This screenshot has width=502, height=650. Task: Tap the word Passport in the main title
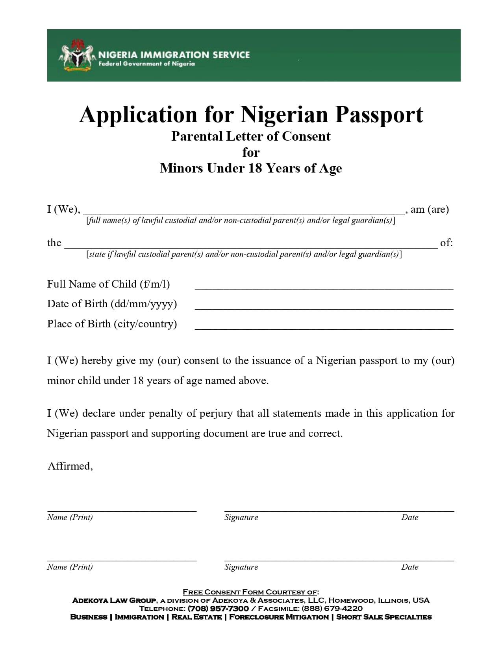[x=379, y=115]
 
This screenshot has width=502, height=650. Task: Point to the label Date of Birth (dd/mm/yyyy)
[x=112, y=304]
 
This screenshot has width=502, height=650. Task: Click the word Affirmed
[x=70, y=466]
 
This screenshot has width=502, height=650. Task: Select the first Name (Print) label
[x=70, y=517]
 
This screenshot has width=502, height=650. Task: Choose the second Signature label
[x=241, y=567]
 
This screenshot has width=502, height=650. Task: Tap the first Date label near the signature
[x=409, y=517]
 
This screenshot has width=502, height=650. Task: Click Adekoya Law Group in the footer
[x=114, y=600]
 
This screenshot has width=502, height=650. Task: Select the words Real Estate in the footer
[x=196, y=617]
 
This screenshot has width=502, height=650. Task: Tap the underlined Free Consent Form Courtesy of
[x=251, y=592]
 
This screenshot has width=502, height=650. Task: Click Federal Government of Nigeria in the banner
[x=146, y=64]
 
